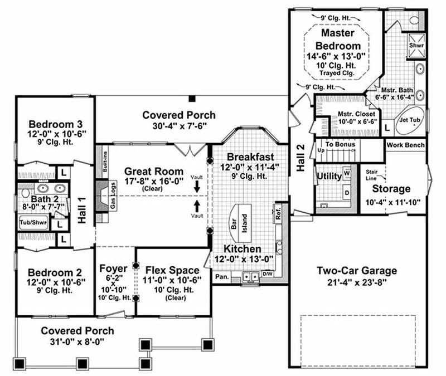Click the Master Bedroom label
point(338,38)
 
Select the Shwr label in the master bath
point(417,44)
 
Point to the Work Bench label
point(405,145)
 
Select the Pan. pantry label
point(222,276)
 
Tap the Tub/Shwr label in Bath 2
point(33,223)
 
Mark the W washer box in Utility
point(346,174)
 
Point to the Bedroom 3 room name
point(55,124)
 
